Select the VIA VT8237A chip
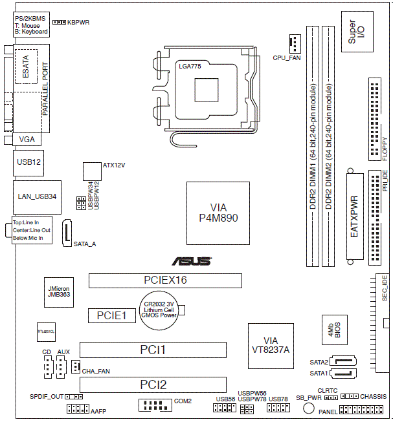[271, 345]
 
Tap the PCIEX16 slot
[165, 280]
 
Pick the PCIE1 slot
[111, 316]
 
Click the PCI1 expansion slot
[153, 350]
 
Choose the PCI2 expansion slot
[153, 385]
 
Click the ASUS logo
[191, 262]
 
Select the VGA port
[27, 139]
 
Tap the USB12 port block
[28, 163]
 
